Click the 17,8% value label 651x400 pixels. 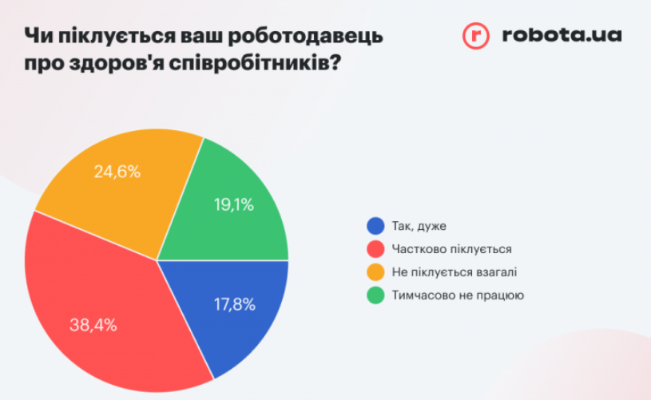click(234, 304)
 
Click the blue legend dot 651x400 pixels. click(375, 226)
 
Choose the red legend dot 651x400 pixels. click(375, 249)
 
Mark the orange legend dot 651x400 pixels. click(375, 272)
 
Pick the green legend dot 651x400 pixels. click(375, 295)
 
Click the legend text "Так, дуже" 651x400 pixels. click(419, 226)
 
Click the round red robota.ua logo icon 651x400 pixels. click(476, 35)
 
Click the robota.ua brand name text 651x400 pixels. click(562, 35)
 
